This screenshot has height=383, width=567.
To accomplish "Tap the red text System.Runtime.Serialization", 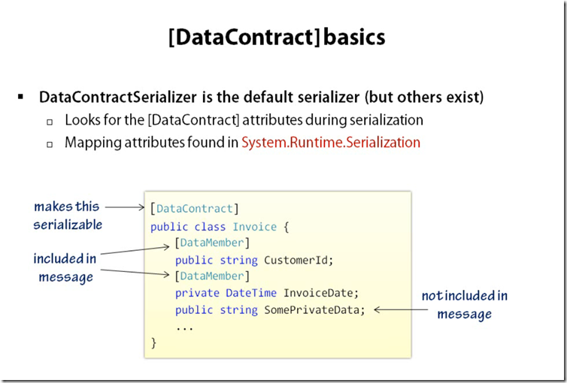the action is [331, 142].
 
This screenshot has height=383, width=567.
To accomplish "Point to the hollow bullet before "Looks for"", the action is [50, 121].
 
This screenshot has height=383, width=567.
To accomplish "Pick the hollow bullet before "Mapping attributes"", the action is [50, 143].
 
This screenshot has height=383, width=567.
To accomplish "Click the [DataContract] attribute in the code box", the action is [195, 209].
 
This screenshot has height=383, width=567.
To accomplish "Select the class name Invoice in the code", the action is [254, 226].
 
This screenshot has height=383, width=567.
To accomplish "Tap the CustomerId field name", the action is [293, 260].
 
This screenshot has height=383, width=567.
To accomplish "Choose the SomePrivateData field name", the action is [314, 309].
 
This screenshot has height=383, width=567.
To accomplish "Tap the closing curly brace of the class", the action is [153, 342].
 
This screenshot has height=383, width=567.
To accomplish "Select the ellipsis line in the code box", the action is [184, 327].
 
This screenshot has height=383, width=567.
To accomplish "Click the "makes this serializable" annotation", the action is [68, 216].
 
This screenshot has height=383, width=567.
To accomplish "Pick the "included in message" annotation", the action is [65, 267].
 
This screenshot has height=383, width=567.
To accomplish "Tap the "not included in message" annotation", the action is [464, 304].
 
